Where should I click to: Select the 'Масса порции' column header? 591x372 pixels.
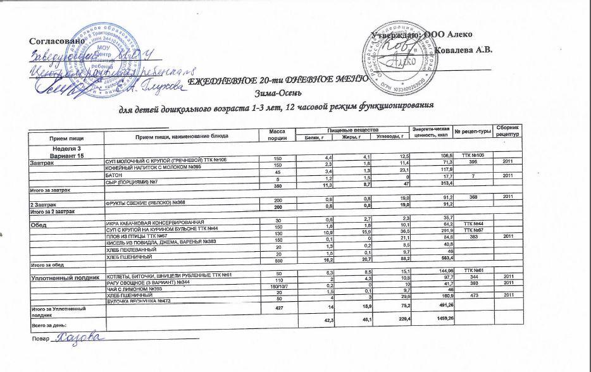273,133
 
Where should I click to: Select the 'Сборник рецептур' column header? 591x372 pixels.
507,132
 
